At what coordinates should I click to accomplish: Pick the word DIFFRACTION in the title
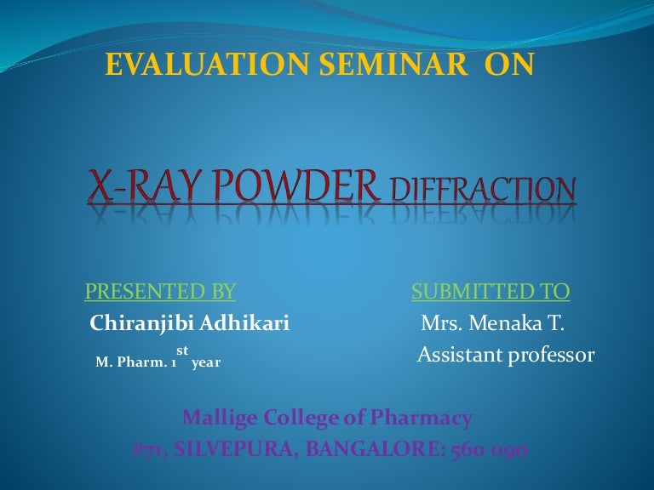pyautogui.click(x=482, y=190)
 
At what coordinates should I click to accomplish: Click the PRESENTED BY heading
pyautogui.click(x=160, y=293)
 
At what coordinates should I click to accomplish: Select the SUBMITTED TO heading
pyautogui.click(x=490, y=293)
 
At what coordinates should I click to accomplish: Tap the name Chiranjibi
pyautogui.click(x=141, y=324)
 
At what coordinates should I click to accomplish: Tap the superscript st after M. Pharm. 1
pyautogui.click(x=182, y=350)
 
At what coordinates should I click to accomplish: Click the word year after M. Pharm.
pyautogui.click(x=206, y=362)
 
